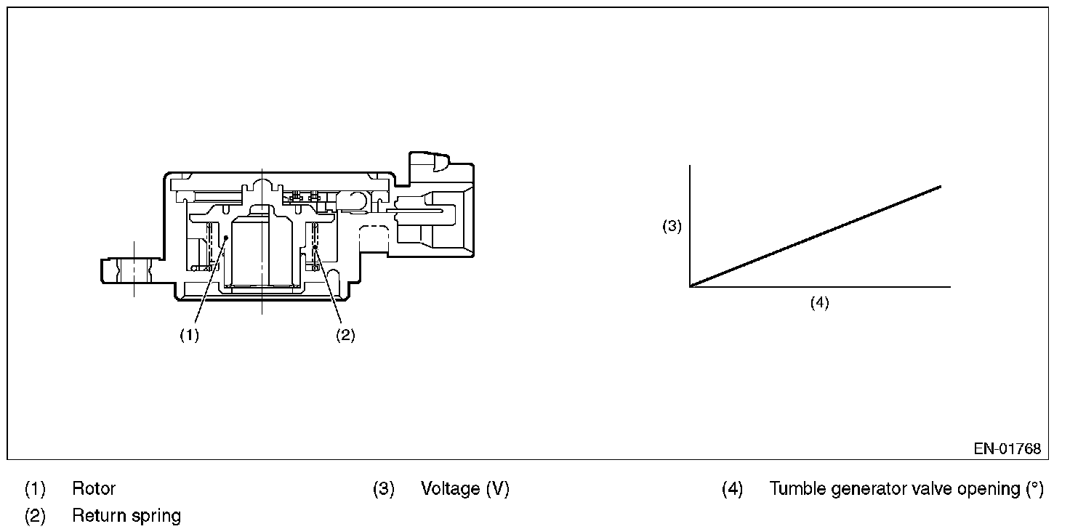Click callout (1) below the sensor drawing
189,335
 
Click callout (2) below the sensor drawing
345,335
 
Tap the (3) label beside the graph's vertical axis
672,226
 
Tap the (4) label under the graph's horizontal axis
820,302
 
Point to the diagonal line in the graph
816,236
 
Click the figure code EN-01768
1007,448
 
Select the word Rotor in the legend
94,488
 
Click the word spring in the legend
156,517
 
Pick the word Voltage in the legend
451,488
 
